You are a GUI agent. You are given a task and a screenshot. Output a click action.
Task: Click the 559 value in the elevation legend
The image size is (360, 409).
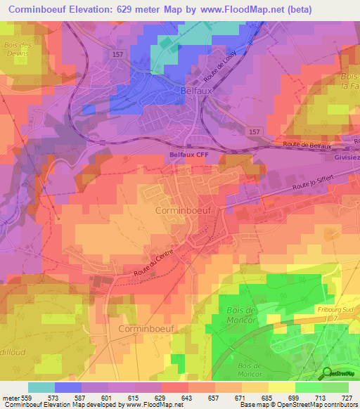pos(24,398)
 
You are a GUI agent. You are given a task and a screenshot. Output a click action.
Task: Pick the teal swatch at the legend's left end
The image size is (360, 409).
pos(41,387)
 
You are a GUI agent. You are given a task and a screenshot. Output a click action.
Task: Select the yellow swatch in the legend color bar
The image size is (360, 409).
pos(282,387)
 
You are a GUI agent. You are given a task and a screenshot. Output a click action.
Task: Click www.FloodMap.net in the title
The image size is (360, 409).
pos(232,8)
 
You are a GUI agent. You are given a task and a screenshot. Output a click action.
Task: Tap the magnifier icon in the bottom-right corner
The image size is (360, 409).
pos(328,373)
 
